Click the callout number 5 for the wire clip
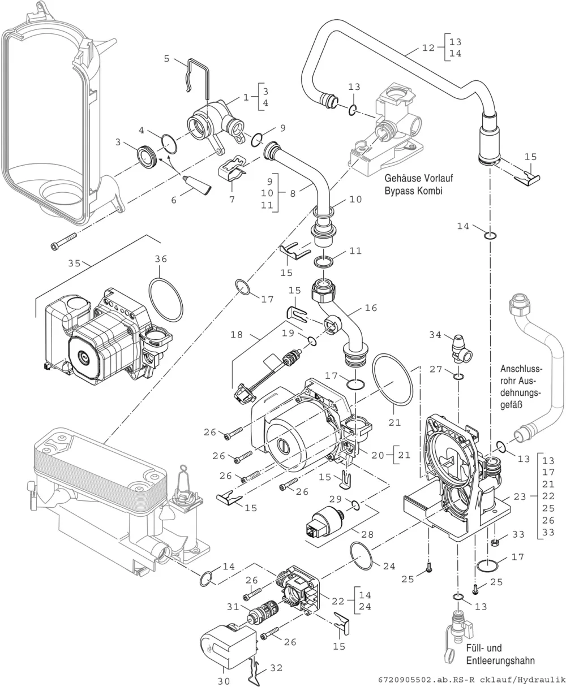(x=166, y=59)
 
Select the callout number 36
(x=161, y=259)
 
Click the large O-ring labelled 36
(x=166, y=300)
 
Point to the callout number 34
(x=435, y=335)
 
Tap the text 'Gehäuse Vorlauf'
(x=419, y=178)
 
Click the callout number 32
(x=276, y=668)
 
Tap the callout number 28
(x=367, y=534)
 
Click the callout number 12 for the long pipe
(x=428, y=48)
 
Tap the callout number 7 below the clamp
(x=232, y=200)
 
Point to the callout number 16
(x=371, y=308)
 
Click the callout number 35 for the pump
(x=74, y=263)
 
